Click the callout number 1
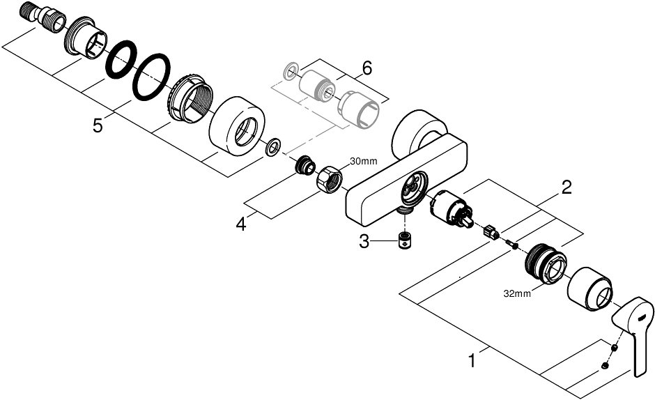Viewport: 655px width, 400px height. tap(472, 361)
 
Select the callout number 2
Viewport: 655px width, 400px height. tap(567, 186)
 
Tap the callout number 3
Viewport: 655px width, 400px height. tap(364, 242)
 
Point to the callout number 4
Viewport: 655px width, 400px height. tap(241, 224)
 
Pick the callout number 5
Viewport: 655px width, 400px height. tap(98, 125)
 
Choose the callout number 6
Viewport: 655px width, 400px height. tap(367, 68)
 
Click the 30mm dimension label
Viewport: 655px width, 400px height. tap(364, 162)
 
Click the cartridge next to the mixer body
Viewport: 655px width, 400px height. tap(450, 210)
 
